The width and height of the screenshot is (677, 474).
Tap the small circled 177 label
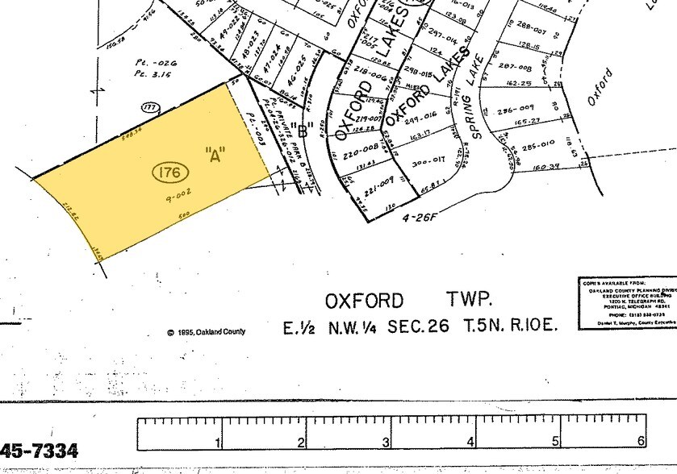pyautogui.click(x=148, y=106)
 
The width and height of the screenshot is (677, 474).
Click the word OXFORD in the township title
pyautogui.click(x=363, y=301)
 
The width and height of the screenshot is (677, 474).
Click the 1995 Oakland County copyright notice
pyautogui.click(x=206, y=332)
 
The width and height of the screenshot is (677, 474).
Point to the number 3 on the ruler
pyautogui.click(x=386, y=442)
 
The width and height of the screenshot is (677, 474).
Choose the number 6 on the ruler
pyautogui.click(x=641, y=442)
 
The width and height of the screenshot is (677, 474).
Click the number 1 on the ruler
pyautogui.click(x=216, y=442)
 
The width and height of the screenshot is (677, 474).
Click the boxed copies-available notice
pyautogui.click(x=627, y=302)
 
